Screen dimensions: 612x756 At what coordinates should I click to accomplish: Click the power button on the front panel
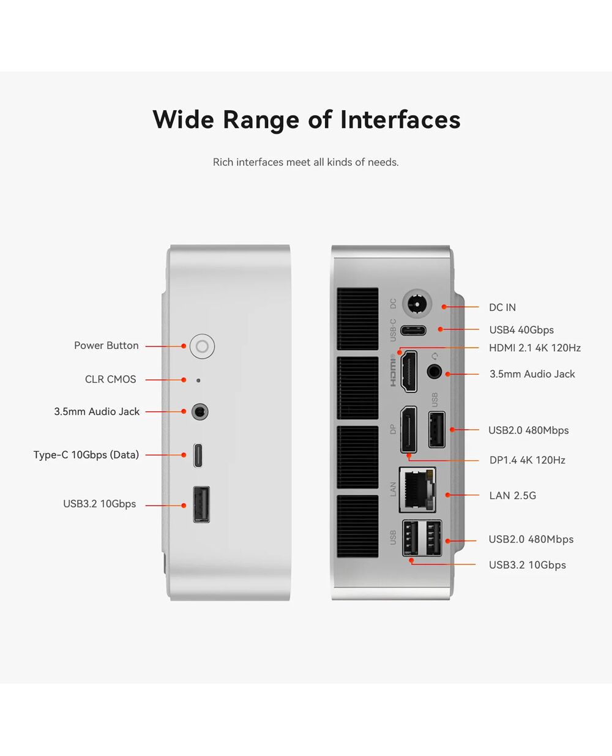click(202, 346)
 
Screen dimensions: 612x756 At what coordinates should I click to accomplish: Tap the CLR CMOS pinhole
click(198, 381)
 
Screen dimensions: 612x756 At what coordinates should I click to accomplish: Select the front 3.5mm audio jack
click(200, 412)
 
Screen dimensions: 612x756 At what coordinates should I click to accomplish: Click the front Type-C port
click(198, 455)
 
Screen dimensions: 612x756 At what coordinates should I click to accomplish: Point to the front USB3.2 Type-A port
click(201, 504)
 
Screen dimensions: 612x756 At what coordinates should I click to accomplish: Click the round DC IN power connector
click(417, 304)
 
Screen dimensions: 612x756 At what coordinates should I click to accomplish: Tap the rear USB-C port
click(413, 331)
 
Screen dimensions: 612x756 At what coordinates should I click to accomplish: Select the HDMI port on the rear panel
click(409, 372)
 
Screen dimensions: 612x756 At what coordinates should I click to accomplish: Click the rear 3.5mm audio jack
click(434, 372)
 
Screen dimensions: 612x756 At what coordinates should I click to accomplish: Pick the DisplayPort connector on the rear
click(409, 430)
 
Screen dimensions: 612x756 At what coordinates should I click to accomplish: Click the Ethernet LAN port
click(417, 490)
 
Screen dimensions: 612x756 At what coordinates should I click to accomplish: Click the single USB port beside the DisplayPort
click(437, 430)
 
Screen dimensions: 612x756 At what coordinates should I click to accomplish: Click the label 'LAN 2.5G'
click(512, 495)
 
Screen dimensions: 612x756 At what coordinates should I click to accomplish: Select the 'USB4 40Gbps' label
click(521, 330)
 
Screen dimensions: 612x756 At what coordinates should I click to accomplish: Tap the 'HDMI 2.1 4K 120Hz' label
click(535, 348)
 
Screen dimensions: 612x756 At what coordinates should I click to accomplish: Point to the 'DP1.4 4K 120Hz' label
click(527, 460)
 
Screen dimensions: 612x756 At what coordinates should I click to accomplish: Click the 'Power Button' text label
click(106, 345)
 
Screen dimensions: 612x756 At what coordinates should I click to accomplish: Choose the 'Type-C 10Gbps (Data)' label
click(86, 455)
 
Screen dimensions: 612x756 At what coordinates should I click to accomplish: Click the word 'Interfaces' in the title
click(400, 119)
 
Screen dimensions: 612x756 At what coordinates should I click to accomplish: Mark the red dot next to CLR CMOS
click(184, 380)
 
